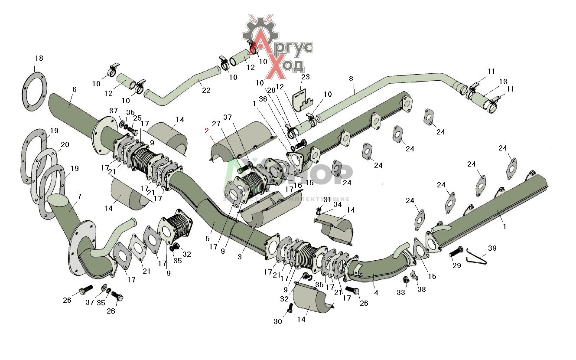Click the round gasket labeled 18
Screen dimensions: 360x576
(34, 92)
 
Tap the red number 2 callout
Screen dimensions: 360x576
(207, 131)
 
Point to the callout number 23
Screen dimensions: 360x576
(306, 77)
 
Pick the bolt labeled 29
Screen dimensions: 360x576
(456, 252)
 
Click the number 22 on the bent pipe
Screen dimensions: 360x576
(206, 90)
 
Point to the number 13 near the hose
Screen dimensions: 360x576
(503, 82)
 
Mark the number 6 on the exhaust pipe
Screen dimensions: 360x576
(75, 89)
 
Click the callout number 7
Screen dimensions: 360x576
(79, 196)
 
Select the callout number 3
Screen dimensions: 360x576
(240, 257)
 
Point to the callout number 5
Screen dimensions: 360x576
(208, 238)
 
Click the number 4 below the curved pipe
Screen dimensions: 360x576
(376, 293)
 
